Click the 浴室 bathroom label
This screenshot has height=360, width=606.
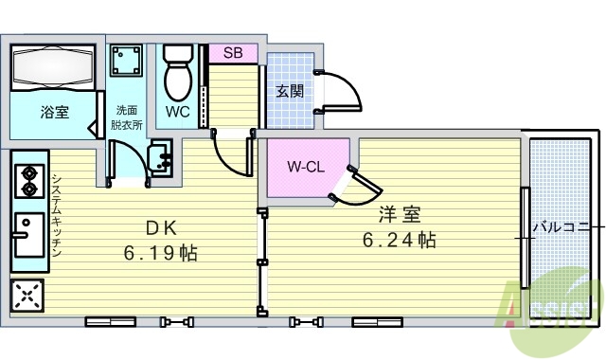(x=54, y=113)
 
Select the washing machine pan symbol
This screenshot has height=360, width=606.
(x=126, y=62)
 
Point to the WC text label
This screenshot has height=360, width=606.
(x=178, y=112)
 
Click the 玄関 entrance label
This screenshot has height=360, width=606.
(x=289, y=92)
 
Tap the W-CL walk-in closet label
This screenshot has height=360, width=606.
(x=307, y=168)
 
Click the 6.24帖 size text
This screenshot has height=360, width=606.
(x=400, y=240)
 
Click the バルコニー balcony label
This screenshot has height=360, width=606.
(x=566, y=227)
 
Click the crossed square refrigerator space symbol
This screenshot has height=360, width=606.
(x=27, y=296)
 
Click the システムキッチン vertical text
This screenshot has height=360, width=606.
(x=56, y=217)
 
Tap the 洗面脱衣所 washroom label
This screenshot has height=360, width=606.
(x=126, y=117)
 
